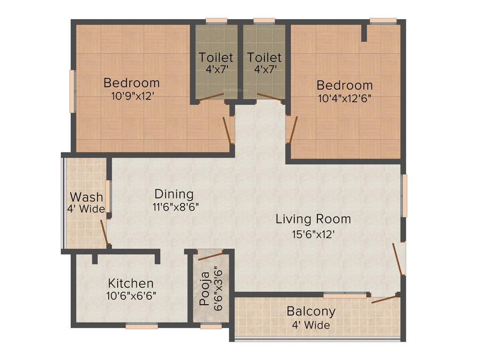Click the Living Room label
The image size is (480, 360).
point(313,218)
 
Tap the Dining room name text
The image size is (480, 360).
point(174,194)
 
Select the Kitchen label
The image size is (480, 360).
point(131,283)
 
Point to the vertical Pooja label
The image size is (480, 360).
point(204,293)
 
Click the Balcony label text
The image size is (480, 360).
point(311,311)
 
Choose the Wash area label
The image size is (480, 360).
point(86,197)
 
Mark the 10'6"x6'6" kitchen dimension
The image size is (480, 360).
point(131,296)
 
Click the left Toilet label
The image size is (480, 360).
point(216,58)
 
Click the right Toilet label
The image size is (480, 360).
point(264,58)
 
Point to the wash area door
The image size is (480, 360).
point(105,232)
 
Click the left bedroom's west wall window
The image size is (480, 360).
point(72,91)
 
